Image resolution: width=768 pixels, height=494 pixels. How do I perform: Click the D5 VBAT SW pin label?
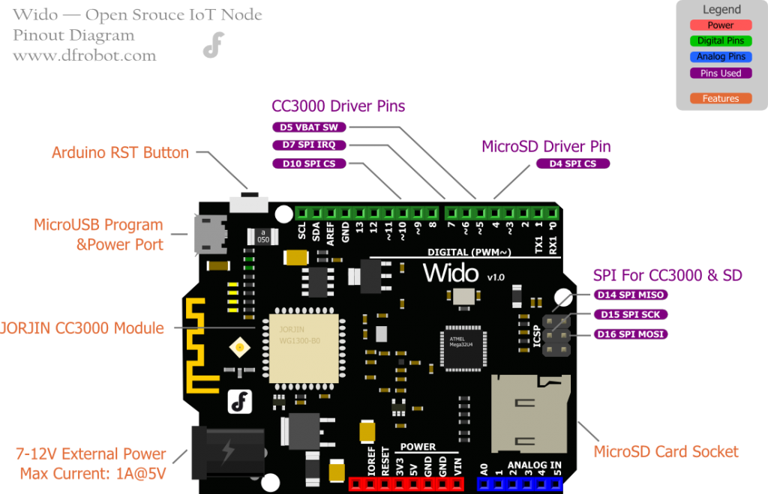[308, 127]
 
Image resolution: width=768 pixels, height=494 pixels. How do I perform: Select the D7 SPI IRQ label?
[308, 145]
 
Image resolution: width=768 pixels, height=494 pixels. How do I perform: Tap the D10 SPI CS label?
[308, 163]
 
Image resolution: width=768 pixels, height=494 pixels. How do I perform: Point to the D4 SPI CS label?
[573, 163]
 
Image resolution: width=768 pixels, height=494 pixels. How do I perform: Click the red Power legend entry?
[721, 25]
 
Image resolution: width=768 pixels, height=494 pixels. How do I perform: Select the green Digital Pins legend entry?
[721, 41]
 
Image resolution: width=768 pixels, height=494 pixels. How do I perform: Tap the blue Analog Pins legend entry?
[721, 57]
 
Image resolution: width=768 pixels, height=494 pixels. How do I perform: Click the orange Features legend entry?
[721, 98]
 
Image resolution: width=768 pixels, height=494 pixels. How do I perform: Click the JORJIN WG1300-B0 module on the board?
[298, 344]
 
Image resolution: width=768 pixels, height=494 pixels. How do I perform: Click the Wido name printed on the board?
[450, 272]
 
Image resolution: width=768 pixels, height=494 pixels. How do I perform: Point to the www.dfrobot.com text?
[85, 55]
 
